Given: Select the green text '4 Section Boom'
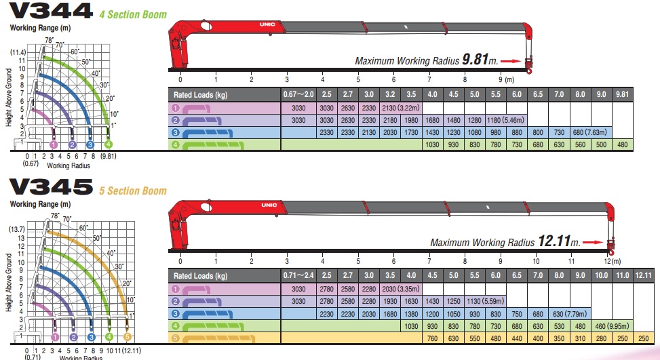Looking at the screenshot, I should click(132, 14).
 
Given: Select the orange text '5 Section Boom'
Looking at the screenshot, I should click(132, 191).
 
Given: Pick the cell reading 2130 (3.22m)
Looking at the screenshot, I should click(402, 107).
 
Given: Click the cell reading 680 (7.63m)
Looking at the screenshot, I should click(588, 132).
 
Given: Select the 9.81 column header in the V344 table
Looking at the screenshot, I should click(622, 94).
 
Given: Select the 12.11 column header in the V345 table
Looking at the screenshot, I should click(644, 275).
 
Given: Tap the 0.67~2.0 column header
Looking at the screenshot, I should click(298, 94).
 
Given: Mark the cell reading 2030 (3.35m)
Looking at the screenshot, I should click(401, 289).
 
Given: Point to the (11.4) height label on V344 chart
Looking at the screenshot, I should click(18, 52).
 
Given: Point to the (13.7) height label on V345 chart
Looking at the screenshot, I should click(16, 229).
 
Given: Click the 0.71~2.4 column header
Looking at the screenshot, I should click(298, 275).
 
